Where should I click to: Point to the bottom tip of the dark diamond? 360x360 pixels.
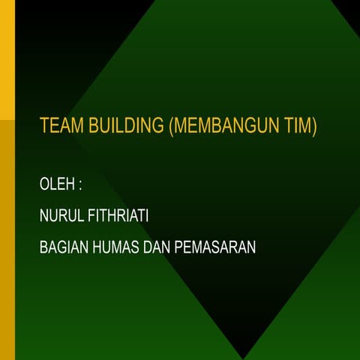[244, 357]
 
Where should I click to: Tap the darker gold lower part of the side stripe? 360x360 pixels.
[7, 240]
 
